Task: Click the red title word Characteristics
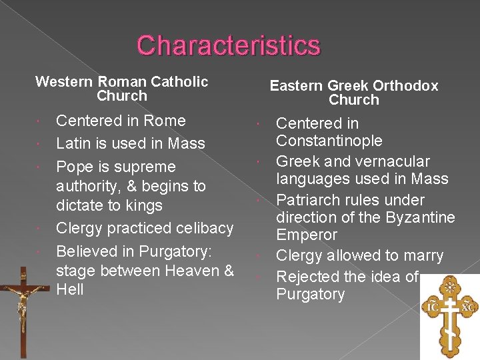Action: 229,45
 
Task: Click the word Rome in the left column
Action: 165,121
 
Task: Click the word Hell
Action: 70,290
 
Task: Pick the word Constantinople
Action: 329,141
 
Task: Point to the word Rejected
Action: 307,277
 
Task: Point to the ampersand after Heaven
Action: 229,271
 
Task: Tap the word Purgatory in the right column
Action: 310,295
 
